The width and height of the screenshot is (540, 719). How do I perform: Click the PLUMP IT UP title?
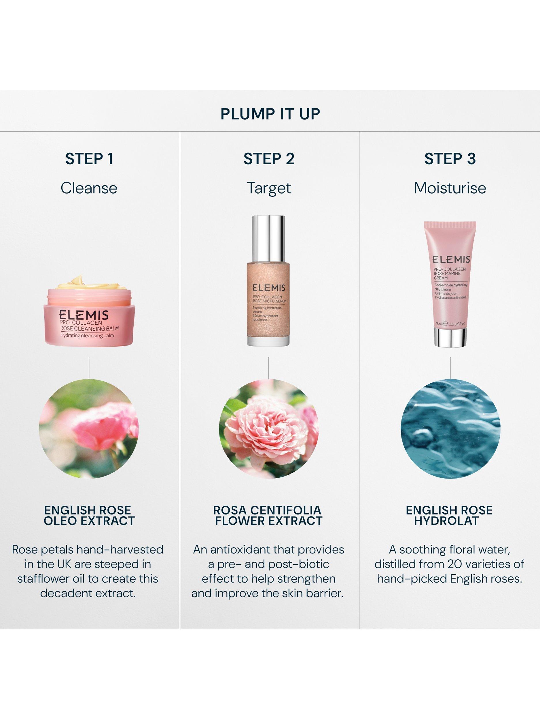point(270,114)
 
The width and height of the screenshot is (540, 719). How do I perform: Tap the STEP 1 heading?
point(89,159)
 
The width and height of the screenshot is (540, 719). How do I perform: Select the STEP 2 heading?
point(269,159)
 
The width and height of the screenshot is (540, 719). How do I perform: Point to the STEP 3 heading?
point(450,159)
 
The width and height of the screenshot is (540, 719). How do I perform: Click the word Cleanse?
point(89,188)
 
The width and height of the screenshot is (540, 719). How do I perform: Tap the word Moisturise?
point(450,188)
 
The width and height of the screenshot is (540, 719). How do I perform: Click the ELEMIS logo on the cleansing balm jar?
point(84,315)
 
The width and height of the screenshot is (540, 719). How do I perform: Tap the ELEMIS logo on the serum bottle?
point(269,288)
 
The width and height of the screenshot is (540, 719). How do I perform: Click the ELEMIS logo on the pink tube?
point(451,250)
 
